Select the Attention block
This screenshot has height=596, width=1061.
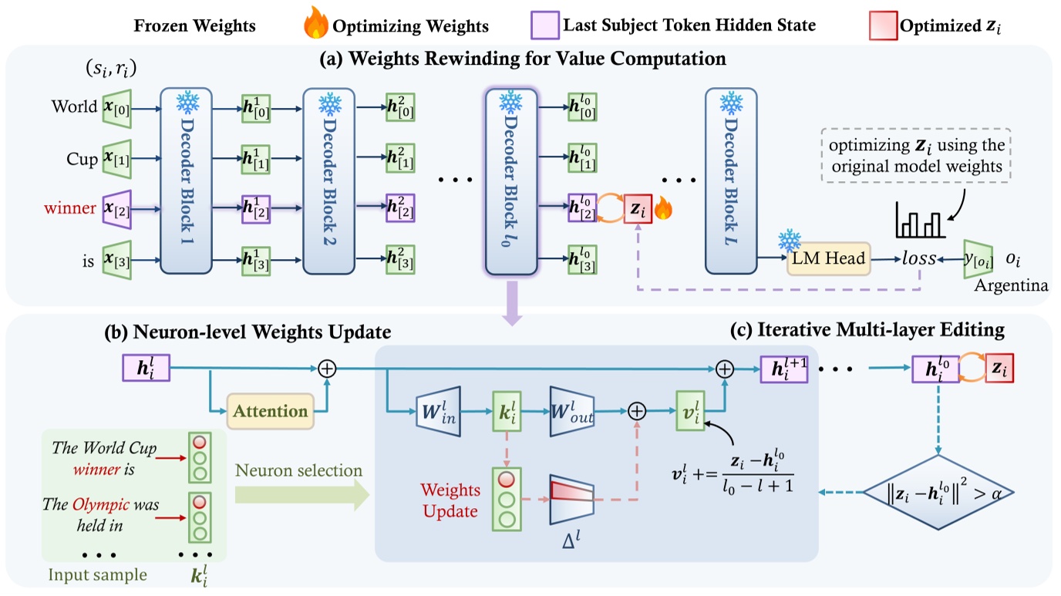271,410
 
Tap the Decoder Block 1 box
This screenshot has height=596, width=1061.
185,181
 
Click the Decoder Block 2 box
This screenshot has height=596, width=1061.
328,181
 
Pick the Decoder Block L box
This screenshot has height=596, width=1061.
729,181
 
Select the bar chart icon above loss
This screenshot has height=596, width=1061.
919,221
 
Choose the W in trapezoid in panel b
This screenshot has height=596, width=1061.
438,410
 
